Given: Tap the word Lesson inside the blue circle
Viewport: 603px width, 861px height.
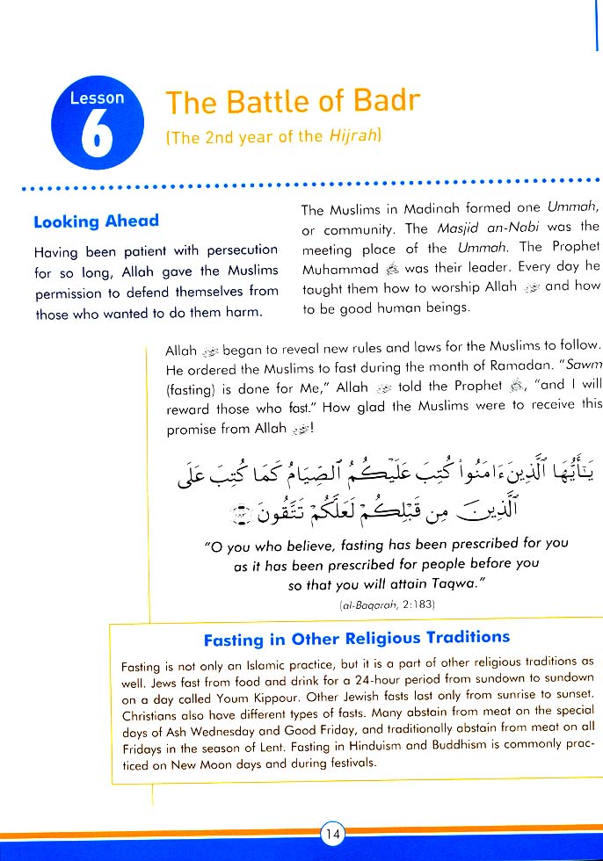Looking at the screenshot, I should pos(97,98).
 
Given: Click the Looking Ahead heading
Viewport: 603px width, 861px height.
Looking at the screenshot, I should pos(96,221).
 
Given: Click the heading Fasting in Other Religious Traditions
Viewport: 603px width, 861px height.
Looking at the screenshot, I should pos(356,639).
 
